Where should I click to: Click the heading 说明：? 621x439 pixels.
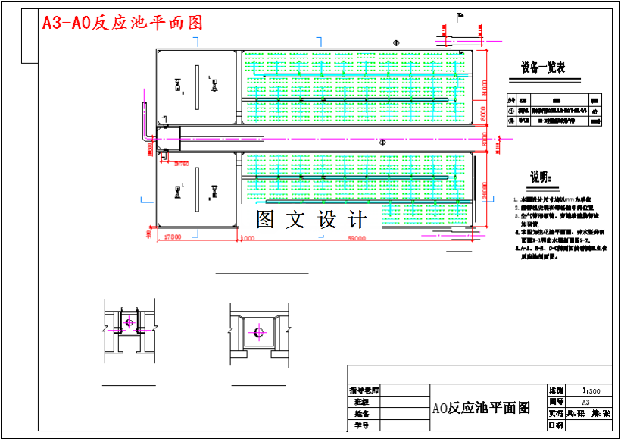click(x=542, y=177)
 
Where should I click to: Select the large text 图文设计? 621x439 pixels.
click(x=311, y=220)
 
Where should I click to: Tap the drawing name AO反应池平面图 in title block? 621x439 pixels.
click(x=481, y=408)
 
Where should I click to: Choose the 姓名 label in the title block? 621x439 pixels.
click(x=362, y=414)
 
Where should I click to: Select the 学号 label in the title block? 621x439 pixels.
click(x=362, y=426)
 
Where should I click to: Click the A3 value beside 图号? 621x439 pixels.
click(x=586, y=402)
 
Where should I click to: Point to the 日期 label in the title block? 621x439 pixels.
click(x=555, y=425)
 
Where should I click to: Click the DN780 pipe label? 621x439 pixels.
click(x=181, y=162)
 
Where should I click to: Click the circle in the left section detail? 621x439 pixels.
click(x=129, y=323)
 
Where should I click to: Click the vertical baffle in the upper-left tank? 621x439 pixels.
click(x=196, y=87)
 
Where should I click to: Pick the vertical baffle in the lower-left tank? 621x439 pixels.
click(x=196, y=190)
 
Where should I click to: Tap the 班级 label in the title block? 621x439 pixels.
click(x=362, y=402)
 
